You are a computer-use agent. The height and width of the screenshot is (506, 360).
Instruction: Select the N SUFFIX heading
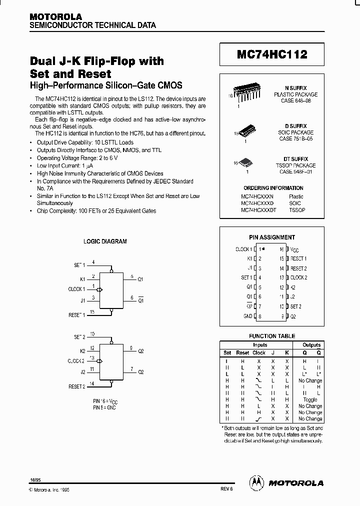pyautogui.click(x=295, y=87)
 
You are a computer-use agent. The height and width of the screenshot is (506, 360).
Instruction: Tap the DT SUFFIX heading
pyautogui.click(x=295, y=158)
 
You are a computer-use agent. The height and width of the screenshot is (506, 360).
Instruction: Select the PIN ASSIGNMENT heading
pyautogui.click(x=272, y=237)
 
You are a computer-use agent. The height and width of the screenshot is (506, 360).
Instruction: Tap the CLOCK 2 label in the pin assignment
pyautogui.click(x=299, y=277)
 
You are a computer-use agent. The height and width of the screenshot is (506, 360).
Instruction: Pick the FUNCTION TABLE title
pyautogui.click(x=272, y=336)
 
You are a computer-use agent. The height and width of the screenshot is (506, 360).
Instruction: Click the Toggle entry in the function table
pyautogui.click(x=310, y=400)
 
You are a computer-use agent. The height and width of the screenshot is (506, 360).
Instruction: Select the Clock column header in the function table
pyautogui.click(x=259, y=352)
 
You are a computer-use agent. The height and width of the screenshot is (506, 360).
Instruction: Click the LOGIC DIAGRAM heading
pyautogui.click(x=105, y=241)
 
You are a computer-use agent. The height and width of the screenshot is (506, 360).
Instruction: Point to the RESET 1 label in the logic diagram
pyautogui.click(x=77, y=314)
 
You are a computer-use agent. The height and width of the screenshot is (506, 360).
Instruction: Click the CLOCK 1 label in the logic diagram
pyautogui.click(x=77, y=289)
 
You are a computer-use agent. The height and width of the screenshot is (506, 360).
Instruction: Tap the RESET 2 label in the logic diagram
pyautogui.click(x=77, y=386)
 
